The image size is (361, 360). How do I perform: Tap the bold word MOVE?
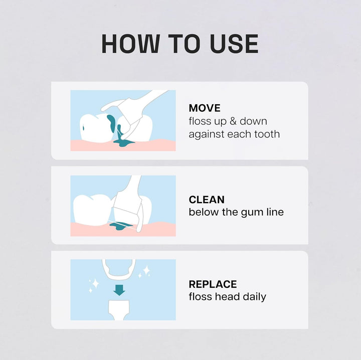pyautogui.click(x=205, y=108)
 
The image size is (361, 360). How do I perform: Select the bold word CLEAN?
pyautogui.click(x=207, y=200)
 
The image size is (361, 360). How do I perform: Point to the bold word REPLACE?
pyautogui.click(x=213, y=284)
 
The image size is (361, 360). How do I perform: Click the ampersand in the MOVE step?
pyautogui.click(x=233, y=121)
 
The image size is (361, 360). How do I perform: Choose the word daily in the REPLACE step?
pyautogui.click(x=254, y=297)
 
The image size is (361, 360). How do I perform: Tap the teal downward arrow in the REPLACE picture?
pyautogui.click(x=119, y=289)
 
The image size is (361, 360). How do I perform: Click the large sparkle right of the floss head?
pyautogui.click(x=146, y=271)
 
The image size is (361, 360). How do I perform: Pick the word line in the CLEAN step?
pyautogui.click(x=274, y=212)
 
